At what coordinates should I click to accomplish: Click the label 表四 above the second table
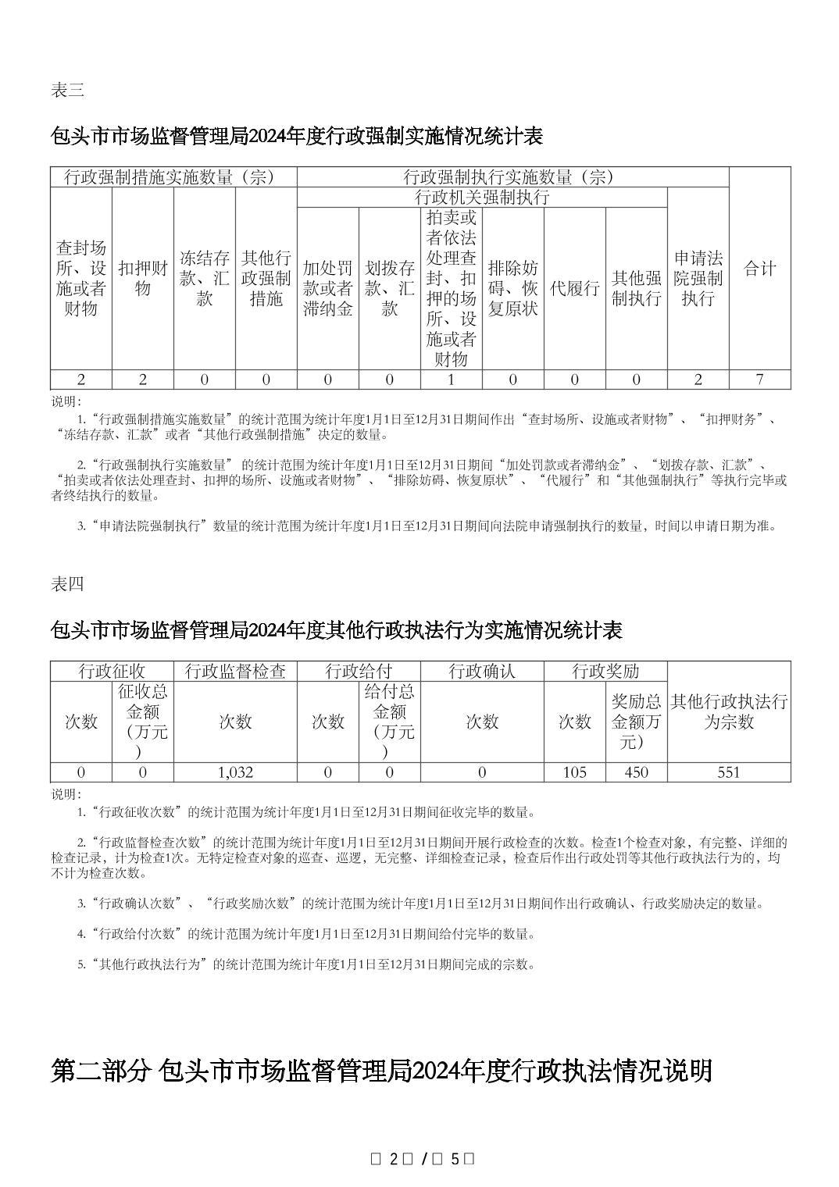pyautogui.click(x=67, y=584)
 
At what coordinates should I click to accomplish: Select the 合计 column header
pyautogui.click(x=759, y=269)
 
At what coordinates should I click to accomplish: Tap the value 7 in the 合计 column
pyautogui.click(x=759, y=380)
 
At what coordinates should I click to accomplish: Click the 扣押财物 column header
pyautogui.click(x=142, y=278)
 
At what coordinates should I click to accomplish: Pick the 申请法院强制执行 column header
pyautogui.click(x=698, y=278)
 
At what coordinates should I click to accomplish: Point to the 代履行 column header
pyautogui.click(x=574, y=288)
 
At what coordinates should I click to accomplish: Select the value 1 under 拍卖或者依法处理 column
pyautogui.click(x=451, y=380)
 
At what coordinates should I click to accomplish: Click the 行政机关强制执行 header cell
pyautogui.click(x=482, y=198)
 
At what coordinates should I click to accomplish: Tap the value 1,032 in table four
pyautogui.click(x=235, y=772)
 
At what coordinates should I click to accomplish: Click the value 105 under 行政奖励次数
pyautogui.click(x=574, y=772)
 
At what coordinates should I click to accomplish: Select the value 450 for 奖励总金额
pyautogui.click(x=636, y=772)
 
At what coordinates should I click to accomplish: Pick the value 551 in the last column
pyautogui.click(x=728, y=772)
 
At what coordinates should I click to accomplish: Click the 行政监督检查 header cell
pyautogui.click(x=235, y=672)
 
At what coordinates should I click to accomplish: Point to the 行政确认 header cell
pyautogui.click(x=482, y=672)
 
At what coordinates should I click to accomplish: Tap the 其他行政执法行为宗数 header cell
pyautogui.click(x=728, y=711)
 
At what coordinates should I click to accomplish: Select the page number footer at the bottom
pyautogui.click(x=421, y=1160)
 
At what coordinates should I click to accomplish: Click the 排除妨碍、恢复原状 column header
pyautogui.click(x=512, y=288)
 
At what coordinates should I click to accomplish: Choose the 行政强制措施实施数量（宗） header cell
pyautogui.click(x=173, y=177)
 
